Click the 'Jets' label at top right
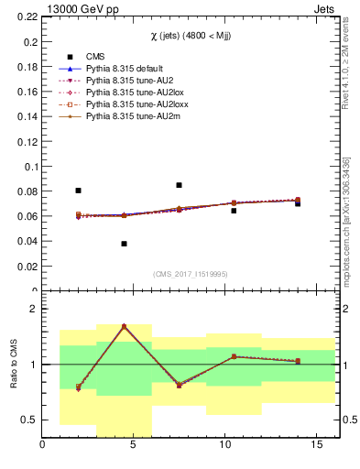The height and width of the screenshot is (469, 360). tap(327, 8)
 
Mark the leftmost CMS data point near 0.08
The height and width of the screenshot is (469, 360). tap(78, 191)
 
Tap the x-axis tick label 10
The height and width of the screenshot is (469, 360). tap(224, 446)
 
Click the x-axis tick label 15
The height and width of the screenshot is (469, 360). tap(316, 446)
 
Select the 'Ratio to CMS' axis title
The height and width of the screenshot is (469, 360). tap(13, 365)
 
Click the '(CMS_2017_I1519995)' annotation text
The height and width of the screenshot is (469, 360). tap(191, 274)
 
